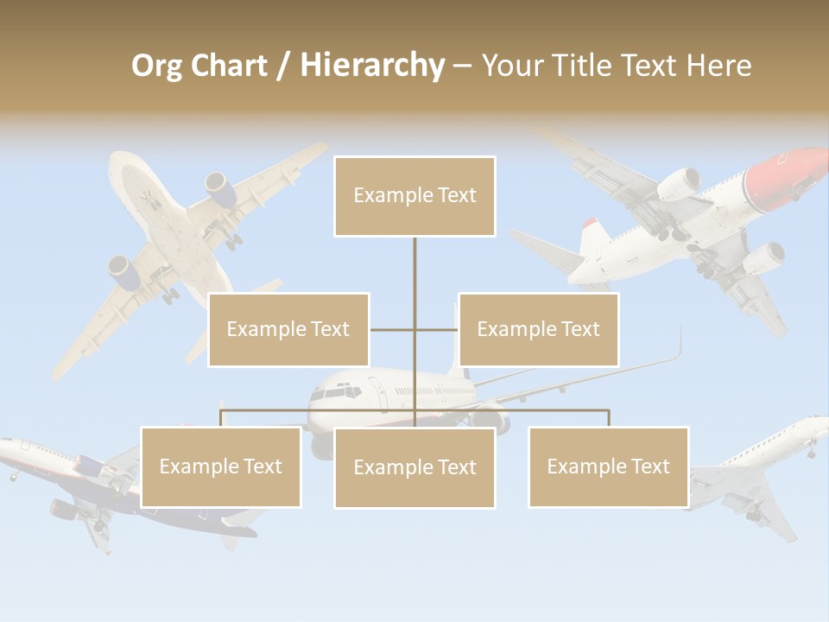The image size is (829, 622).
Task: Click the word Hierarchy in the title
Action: click(372, 66)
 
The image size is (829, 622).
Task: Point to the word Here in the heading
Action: click(718, 66)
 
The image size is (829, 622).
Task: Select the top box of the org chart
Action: click(414, 195)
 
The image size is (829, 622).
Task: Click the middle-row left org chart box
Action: click(288, 329)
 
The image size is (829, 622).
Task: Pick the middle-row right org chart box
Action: click(538, 329)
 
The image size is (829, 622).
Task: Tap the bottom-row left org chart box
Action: click(220, 466)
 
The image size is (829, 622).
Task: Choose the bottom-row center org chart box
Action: click(414, 467)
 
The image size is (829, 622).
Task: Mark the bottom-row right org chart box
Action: click(608, 466)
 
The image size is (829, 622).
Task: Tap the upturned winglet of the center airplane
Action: click(679, 344)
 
